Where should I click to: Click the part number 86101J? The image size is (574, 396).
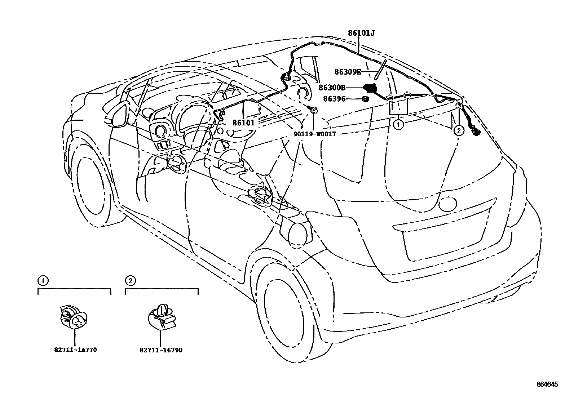coord(361,34)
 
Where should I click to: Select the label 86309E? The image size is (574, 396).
coord(348,72)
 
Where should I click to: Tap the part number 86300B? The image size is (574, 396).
coord(332,87)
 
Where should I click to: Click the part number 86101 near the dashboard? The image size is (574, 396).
coord(243,123)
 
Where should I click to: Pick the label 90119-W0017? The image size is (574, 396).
coord(314,134)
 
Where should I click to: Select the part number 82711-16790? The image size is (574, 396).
coord(160,350)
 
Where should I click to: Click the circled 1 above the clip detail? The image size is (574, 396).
coord(42,280)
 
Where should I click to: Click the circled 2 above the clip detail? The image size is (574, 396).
coord(130,280)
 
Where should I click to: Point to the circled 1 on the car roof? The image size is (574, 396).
coord(398,125)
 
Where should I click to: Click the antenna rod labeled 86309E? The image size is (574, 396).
coord(380,70)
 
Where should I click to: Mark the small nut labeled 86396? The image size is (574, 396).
coord(365,99)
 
